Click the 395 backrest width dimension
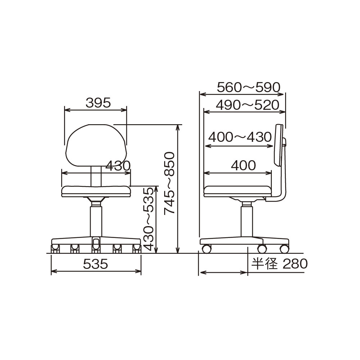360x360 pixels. click(x=98, y=103)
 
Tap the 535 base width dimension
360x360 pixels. click(x=95, y=264)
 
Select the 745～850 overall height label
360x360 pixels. click(x=170, y=183)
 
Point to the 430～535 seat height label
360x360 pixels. click(x=148, y=219)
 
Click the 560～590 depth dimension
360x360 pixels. click(x=249, y=87)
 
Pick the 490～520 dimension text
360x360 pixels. click(x=248, y=105)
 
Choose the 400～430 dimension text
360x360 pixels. click(x=240, y=137)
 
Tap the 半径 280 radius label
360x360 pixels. click(x=279, y=264)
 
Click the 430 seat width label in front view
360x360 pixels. click(x=118, y=166)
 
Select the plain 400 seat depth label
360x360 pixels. click(x=243, y=165)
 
